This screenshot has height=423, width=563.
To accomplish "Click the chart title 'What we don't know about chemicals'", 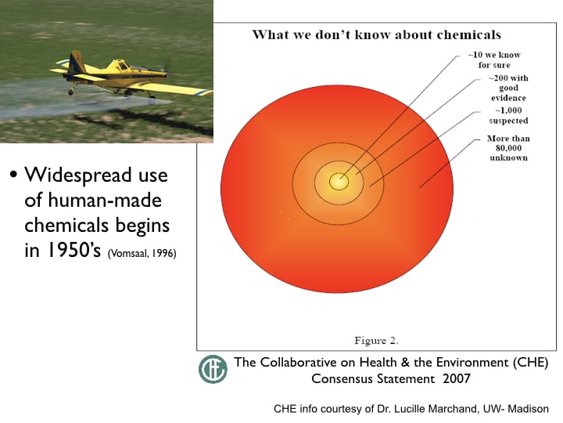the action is click(377, 35).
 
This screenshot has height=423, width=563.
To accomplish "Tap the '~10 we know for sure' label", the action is click(494, 60).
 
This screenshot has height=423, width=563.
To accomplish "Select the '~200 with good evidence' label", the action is click(508, 88).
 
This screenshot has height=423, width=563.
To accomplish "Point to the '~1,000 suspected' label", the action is click(508, 115).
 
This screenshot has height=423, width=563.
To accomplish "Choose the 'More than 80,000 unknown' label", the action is click(508, 148).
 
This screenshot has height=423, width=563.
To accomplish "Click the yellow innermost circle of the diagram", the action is click(339, 181).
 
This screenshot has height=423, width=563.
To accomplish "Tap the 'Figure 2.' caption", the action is click(376, 340).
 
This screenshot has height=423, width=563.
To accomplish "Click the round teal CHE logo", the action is click(213, 369).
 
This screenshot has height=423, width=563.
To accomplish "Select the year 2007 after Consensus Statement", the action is click(457, 379).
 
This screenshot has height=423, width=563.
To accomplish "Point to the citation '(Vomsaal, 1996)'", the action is click(142, 253).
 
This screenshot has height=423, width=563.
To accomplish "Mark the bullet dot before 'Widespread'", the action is click(13, 175).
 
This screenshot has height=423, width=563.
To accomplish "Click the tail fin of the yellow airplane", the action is click(76, 61).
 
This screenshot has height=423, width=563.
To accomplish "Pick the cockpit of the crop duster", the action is click(124, 66).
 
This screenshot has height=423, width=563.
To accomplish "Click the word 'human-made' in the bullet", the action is click(105, 201).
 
